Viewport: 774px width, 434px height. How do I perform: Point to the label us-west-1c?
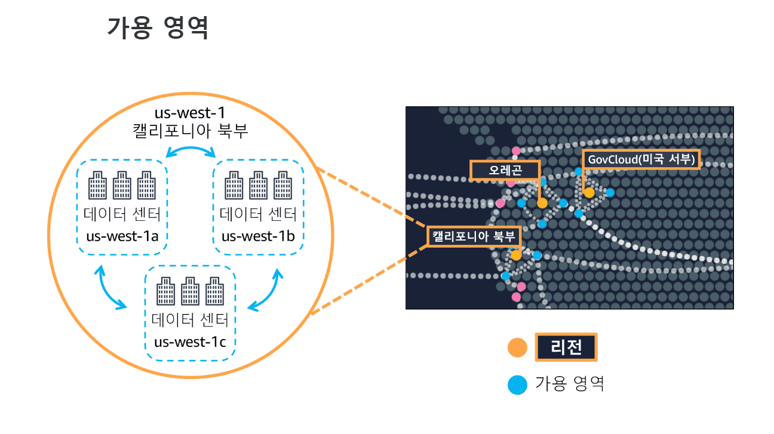(191, 342)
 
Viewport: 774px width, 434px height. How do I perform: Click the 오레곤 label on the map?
(505, 170)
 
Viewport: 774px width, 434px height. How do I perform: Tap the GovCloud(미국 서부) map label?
(640, 159)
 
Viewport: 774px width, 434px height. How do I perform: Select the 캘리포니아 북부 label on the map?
(474, 236)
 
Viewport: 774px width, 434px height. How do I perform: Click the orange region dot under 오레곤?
(542, 203)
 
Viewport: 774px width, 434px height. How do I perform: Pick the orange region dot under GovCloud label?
(589, 192)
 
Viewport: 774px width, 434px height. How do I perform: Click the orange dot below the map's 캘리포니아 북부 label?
(516, 255)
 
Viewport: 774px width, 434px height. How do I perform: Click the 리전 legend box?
(566, 347)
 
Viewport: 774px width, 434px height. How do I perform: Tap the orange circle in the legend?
(517, 348)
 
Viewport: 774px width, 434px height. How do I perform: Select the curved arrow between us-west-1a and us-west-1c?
(111, 288)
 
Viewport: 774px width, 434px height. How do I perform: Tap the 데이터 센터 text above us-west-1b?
(258, 214)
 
